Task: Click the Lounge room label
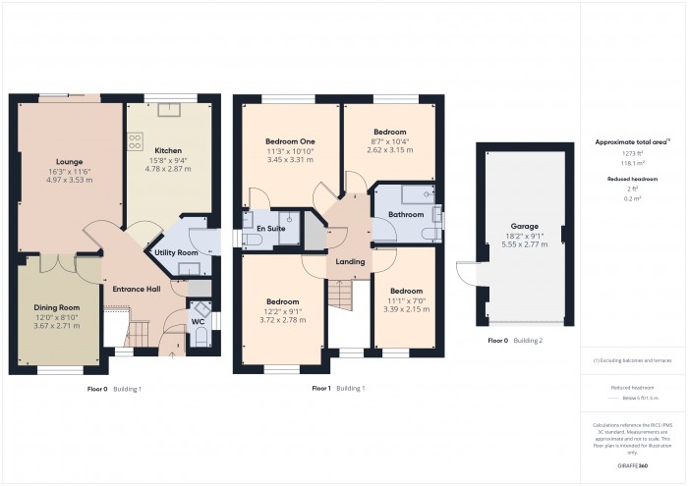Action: [x=69, y=161]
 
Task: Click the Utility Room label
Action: [x=176, y=252]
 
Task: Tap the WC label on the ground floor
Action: [x=198, y=321]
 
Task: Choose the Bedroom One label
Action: [x=292, y=141]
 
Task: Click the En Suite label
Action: [x=270, y=228]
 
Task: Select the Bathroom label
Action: [x=405, y=214]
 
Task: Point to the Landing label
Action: [x=350, y=261]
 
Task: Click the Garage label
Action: [x=524, y=226]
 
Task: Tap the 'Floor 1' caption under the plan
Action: [x=320, y=389]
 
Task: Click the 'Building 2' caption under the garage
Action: [x=527, y=340]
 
